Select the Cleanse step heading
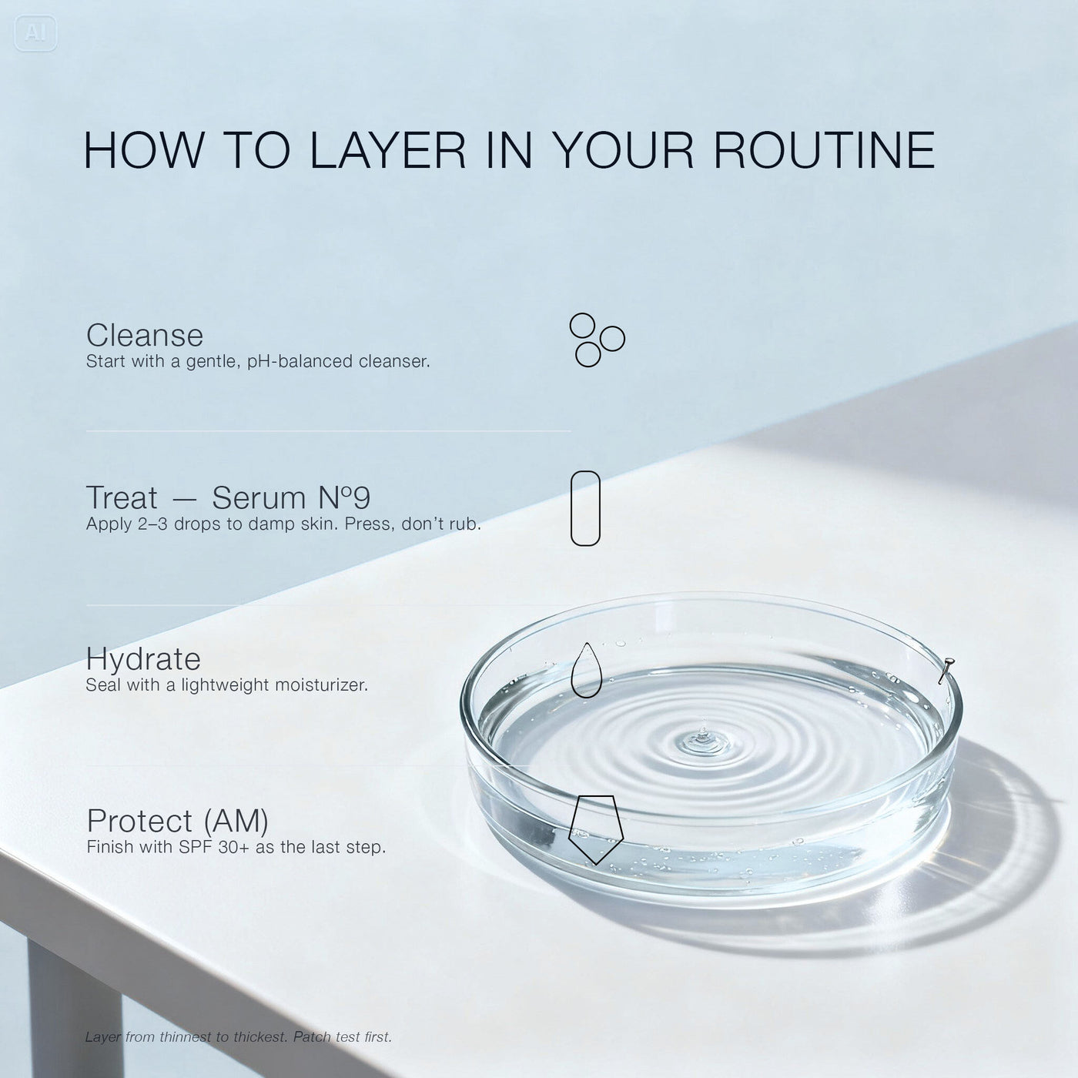(144, 335)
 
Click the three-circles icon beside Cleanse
(597, 340)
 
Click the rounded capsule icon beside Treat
(585, 508)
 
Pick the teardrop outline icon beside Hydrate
(586, 670)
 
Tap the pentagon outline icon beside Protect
(596, 829)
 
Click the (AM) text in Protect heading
(236, 822)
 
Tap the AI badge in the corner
(35, 33)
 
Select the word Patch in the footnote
(312, 1036)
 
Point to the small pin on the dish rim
(946, 670)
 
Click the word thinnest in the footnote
(185, 1036)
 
